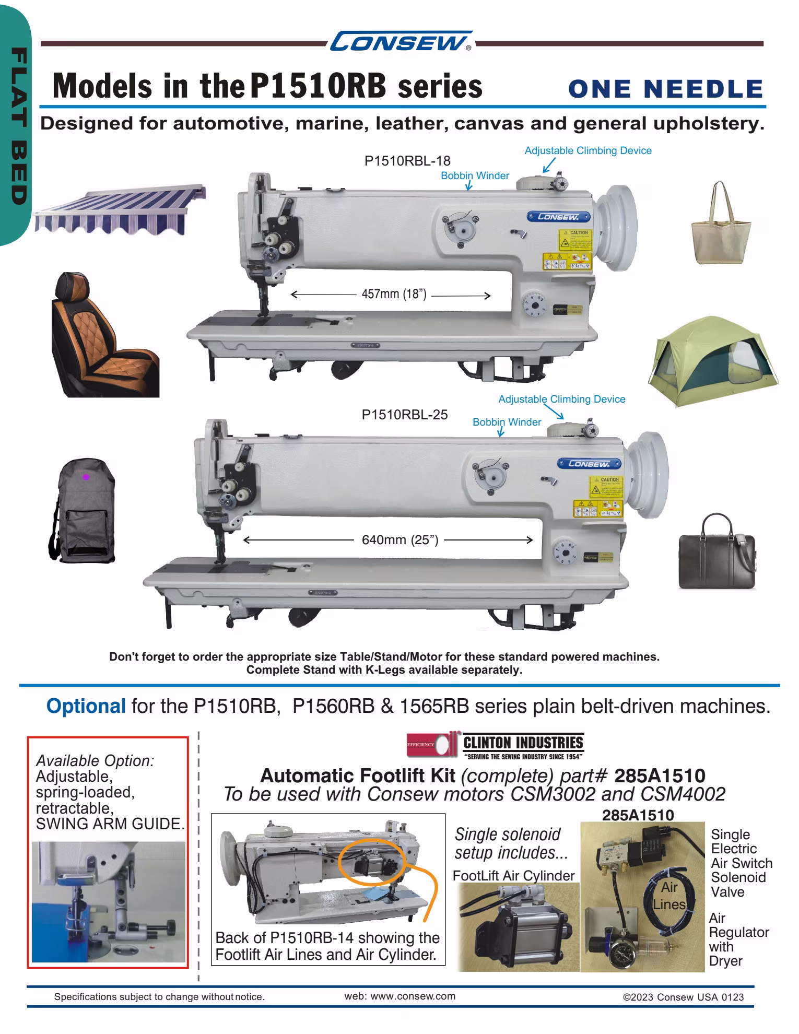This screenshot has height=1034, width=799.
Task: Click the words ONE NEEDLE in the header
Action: coord(665,89)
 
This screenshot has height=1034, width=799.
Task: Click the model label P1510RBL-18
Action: coord(407,160)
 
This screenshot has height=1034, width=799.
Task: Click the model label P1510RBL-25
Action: coord(405,415)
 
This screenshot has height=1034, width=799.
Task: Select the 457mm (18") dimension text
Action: coord(394,294)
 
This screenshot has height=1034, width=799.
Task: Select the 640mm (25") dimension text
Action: coord(399,539)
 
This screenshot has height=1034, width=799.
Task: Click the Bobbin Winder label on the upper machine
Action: coord(475,175)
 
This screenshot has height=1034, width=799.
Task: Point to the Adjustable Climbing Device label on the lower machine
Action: coord(561,399)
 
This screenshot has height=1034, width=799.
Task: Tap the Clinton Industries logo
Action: coord(495,745)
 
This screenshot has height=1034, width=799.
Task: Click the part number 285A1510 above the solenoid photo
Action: coord(638,815)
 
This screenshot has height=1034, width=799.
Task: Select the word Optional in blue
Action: coord(86,706)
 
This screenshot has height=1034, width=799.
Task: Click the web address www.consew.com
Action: coord(399,996)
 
